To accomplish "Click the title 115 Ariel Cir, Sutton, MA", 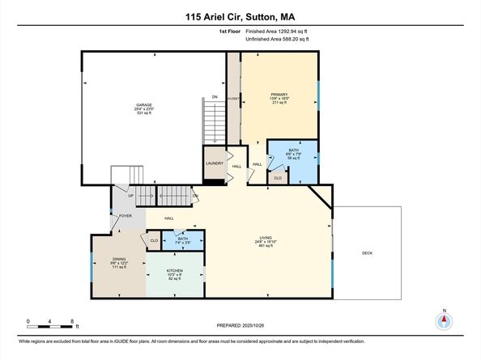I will pyautogui.click(x=240, y=15).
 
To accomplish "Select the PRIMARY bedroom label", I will pyautogui.click(x=279, y=95).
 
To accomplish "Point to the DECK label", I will pyautogui.click(x=367, y=253).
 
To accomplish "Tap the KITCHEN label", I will pyautogui.click(x=174, y=270).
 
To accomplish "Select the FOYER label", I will pyautogui.click(x=126, y=216).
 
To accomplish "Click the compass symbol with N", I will pyautogui.click(x=444, y=320).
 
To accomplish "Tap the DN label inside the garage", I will pyautogui.click(x=215, y=97).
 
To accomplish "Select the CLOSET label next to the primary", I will pyautogui.click(x=233, y=98).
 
